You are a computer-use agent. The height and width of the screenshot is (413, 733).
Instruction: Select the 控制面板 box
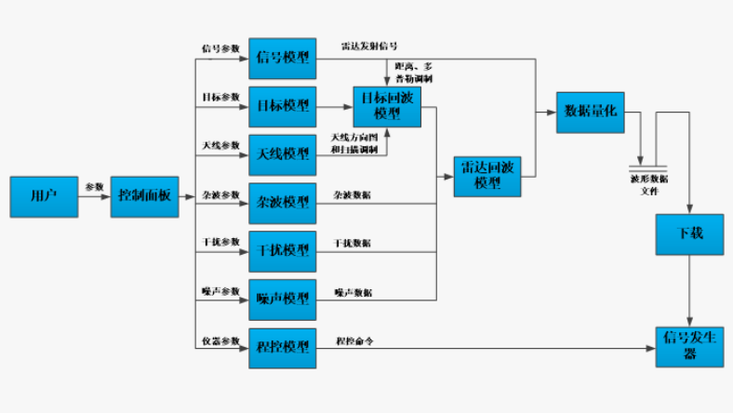(144, 196)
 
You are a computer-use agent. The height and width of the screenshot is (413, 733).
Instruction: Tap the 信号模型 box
(283, 58)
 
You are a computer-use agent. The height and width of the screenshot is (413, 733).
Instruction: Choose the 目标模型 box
(283, 106)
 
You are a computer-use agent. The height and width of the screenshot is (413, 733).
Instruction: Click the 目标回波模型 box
(386, 106)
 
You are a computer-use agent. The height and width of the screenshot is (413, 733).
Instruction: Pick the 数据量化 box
(590, 113)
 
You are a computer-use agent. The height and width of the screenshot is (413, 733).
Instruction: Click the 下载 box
(689, 233)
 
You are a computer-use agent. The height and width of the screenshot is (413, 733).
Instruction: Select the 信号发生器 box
(689, 343)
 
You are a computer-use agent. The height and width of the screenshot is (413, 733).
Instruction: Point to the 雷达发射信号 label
(369, 46)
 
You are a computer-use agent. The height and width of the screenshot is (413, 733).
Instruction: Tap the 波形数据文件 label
(649, 183)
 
